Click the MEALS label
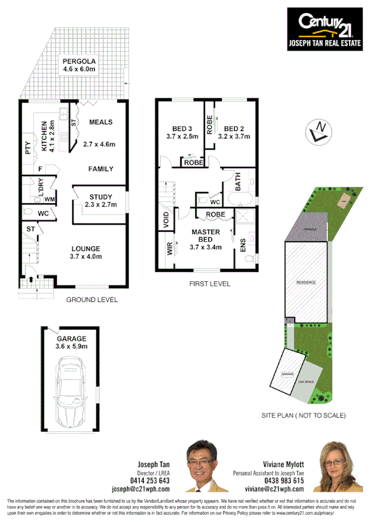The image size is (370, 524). [x=100, y=122]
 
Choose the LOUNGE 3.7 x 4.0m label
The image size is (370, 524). [x=86, y=251]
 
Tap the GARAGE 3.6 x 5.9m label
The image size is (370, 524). [x=72, y=342]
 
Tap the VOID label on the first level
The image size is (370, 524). [x=166, y=221]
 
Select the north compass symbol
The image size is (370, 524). [x=319, y=132]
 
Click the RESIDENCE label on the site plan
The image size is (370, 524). [x=306, y=282]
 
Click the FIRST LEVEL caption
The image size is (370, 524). [x=210, y=284]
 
